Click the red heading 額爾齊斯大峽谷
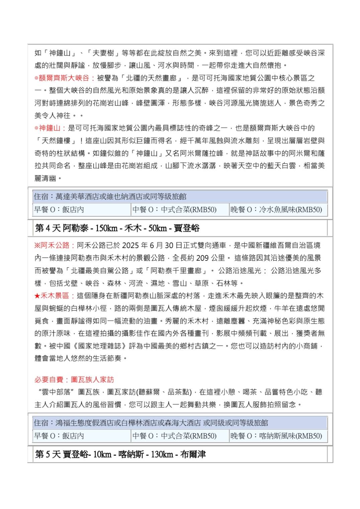[64, 78]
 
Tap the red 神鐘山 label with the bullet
[50, 128]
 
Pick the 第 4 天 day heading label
[48, 228]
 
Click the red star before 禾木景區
[37, 296]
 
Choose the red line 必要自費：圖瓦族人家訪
[74, 379]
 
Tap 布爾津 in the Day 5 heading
[193, 454]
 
